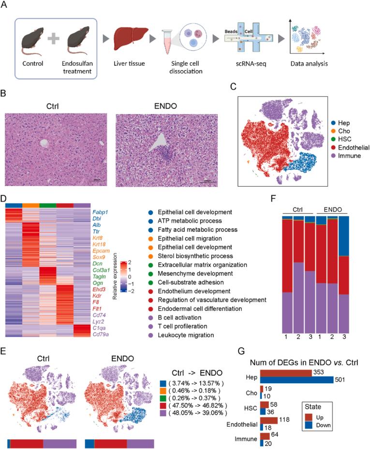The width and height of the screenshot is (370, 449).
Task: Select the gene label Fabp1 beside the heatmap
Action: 99,212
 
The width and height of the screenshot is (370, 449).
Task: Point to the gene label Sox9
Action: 98,260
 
